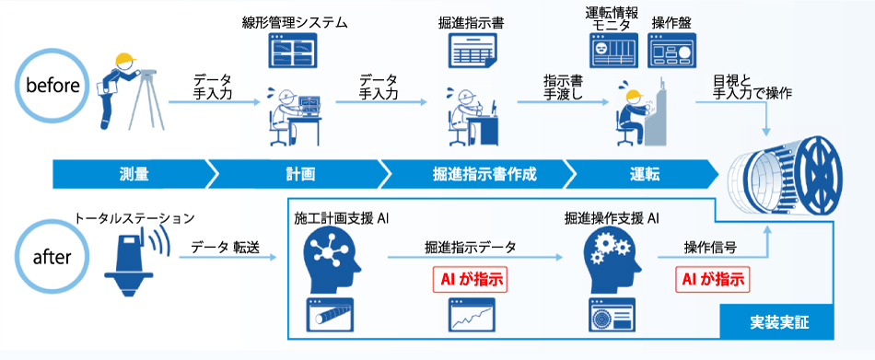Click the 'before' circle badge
53,86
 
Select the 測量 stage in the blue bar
134,173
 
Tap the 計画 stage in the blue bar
300,173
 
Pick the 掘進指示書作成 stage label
471,173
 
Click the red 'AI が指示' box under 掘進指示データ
470,278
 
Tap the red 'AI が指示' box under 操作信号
711,278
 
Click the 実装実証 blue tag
774,323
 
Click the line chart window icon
471,316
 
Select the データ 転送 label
227,247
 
